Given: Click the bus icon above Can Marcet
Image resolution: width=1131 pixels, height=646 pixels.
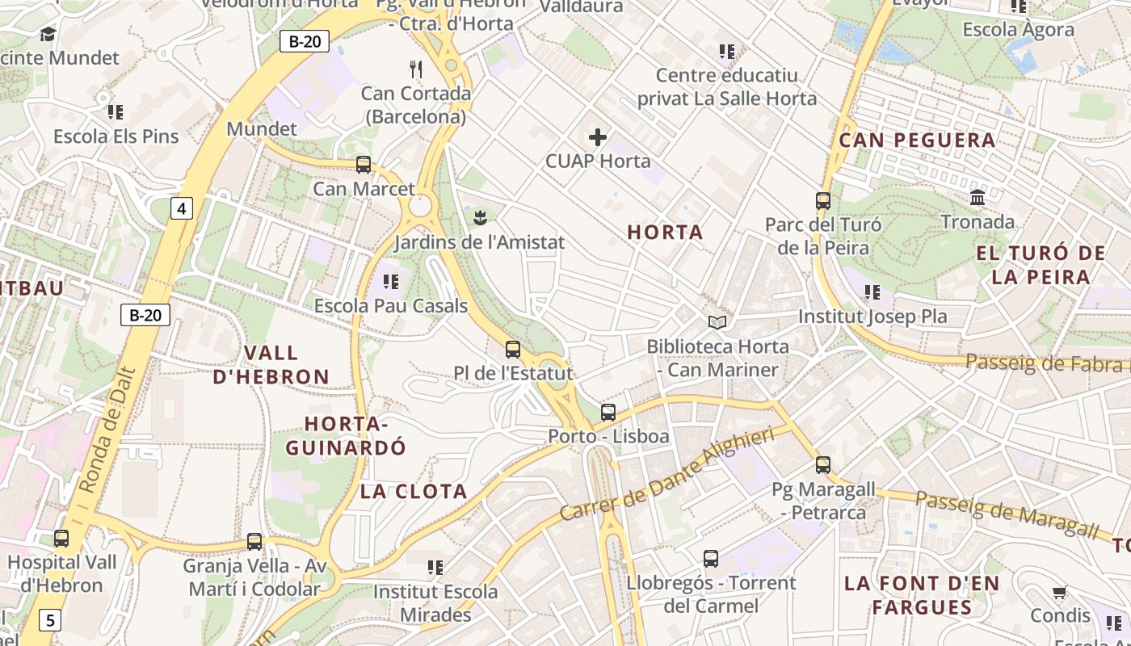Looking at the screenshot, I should [364, 165].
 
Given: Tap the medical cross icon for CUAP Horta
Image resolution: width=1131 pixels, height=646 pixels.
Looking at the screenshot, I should [598, 137].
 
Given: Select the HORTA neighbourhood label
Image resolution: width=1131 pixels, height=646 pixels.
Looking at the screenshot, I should [665, 233].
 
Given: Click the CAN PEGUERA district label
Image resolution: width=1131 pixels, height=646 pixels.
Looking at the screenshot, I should [917, 141].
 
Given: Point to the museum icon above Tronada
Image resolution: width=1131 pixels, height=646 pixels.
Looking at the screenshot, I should [978, 197].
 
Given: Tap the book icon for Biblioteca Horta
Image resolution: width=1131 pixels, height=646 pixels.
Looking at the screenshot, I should [717, 323].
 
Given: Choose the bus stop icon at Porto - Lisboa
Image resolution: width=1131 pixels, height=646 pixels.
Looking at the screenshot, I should [608, 413].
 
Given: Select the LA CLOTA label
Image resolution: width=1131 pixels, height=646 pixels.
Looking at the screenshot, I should [414, 492].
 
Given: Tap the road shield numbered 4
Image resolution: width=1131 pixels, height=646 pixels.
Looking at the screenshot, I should [182, 209].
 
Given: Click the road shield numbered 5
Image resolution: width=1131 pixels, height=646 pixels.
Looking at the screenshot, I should [51, 620].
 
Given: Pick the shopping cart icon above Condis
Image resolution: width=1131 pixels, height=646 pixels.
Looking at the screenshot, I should [1060, 593].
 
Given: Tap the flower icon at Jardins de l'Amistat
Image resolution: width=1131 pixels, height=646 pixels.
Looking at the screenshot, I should [480, 216].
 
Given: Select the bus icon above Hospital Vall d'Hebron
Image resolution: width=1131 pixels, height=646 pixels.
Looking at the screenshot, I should [61, 538].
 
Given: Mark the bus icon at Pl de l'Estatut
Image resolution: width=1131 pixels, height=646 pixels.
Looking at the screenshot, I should [513, 350].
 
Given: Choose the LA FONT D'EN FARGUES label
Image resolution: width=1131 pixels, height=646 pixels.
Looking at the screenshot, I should [922, 595].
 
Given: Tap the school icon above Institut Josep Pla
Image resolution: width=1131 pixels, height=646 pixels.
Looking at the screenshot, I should [872, 292].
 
